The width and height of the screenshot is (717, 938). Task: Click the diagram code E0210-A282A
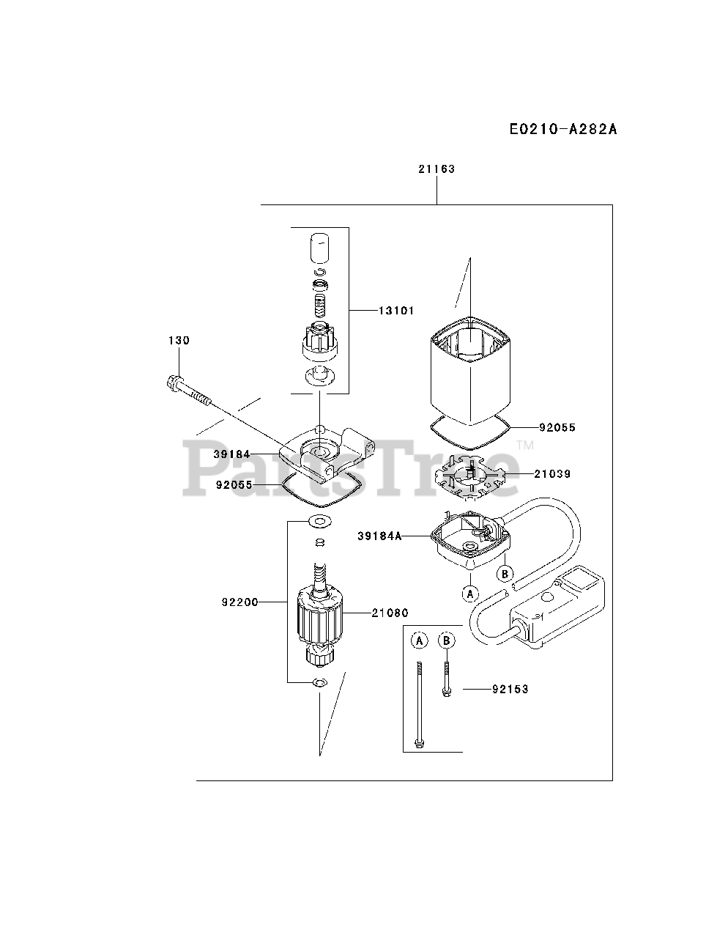coord(563,130)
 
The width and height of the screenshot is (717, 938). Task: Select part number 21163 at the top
coord(436,169)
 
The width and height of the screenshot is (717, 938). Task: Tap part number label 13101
coord(396,311)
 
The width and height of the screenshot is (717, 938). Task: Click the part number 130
coord(179,340)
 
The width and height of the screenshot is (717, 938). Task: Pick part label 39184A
coord(379,536)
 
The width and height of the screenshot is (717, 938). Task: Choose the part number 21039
coord(551,474)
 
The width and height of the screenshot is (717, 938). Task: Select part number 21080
coord(390,613)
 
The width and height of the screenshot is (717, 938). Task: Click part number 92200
coord(239,602)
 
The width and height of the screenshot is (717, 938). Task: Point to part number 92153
coord(510,689)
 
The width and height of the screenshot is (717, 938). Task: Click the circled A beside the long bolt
coord(419,640)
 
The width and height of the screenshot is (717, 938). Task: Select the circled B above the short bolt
coord(446,640)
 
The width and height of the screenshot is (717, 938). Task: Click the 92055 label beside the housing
coord(557,427)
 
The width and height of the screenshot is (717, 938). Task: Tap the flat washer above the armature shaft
coord(319,521)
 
